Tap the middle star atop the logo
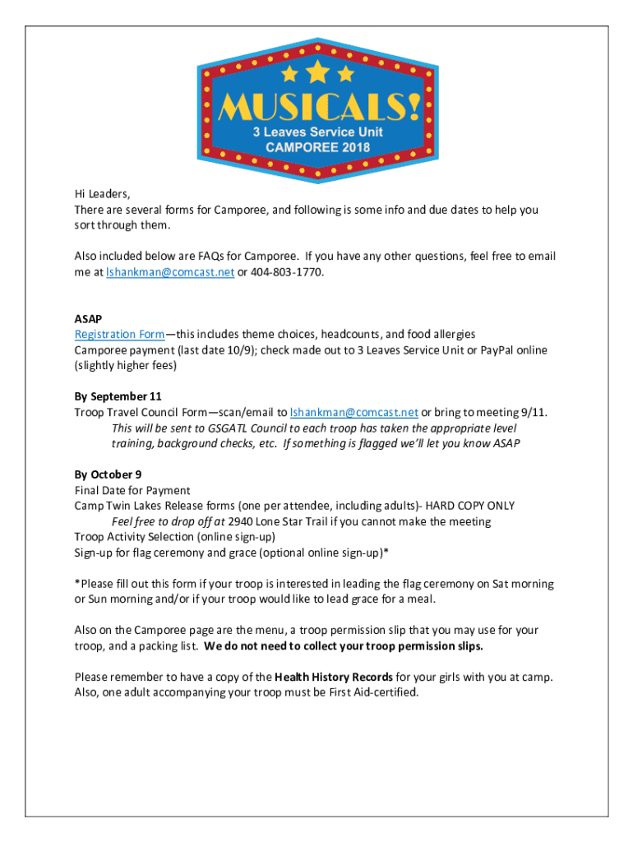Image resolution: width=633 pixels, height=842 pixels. point(317,72)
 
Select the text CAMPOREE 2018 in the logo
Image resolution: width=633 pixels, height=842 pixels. point(317,147)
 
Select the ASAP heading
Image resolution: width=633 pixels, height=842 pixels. point(88,319)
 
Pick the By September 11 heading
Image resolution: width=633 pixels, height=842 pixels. point(118,397)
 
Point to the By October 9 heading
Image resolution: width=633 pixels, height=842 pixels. point(108,474)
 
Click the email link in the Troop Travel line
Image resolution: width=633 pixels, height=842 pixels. point(354,413)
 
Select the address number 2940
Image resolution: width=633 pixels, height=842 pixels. point(241,521)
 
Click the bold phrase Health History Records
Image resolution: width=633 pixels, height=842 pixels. point(333,677)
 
